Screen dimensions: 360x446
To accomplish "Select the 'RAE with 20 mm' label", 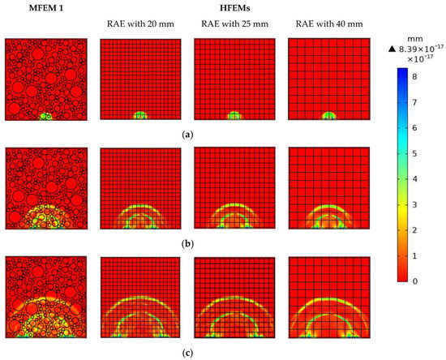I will [x=139, y=24].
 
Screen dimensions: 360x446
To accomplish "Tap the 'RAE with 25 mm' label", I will [x=234, y=24].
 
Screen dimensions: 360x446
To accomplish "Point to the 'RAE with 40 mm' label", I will [x=328, y=24].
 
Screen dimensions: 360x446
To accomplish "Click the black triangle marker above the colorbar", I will [x=392, y=50].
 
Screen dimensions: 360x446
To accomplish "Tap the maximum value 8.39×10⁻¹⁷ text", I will [x=420, y=50].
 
